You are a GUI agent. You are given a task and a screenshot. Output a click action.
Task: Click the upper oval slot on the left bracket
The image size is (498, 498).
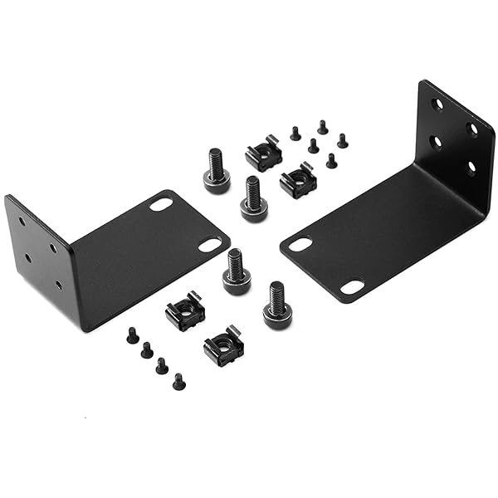pos(161,204)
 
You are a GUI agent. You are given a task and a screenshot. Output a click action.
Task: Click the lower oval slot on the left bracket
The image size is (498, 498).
pos(210,245)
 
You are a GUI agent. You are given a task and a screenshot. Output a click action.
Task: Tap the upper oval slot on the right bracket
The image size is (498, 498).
pos(300,245)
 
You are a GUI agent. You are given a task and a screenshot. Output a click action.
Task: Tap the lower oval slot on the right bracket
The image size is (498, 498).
pos(352,287)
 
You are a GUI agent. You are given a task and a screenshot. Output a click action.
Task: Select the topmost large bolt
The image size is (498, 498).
pos(216,171)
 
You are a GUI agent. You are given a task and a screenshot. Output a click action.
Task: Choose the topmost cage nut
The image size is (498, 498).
pos(264,154)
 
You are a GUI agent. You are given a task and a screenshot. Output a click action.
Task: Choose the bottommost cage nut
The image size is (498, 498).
pos(223,345)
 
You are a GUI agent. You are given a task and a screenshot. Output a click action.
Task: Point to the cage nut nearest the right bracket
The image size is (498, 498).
pos(297,180)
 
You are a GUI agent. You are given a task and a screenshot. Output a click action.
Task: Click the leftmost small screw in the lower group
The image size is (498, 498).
pos(133,335)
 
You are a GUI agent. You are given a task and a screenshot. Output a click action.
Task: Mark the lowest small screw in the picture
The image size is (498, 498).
pos(178,382)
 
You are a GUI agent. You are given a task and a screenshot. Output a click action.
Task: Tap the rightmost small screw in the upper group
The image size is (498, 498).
pos(342,140)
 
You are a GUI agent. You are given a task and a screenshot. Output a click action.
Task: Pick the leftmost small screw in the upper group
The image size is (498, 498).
pos(295,133)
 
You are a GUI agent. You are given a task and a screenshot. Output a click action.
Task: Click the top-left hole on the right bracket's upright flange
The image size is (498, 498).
pos(437,105)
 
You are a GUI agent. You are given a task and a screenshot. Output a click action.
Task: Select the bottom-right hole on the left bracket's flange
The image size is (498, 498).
pos(58,285)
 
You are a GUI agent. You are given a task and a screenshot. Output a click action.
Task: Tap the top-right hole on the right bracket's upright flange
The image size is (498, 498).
pos(472,129)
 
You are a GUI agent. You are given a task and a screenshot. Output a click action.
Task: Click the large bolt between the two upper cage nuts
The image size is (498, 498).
pos(253,199)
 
